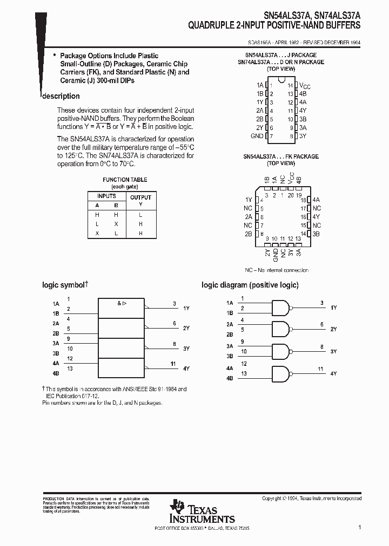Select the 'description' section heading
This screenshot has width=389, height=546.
(x=61, y=96)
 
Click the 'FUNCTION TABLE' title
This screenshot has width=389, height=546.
(x=125, y=180)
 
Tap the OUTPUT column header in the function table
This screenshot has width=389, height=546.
(x=140, y=197)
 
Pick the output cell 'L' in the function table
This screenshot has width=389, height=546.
(x=140, y=215)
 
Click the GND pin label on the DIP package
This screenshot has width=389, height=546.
(x=257, y=136)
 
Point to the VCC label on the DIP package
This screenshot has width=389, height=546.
(x=305, y=85)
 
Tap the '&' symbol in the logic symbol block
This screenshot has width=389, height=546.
(x=119, y=303)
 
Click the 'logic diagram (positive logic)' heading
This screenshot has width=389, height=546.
(x=250, y=285)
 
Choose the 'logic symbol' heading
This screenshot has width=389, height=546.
(x=64, y=285)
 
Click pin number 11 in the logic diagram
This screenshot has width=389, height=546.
(x=320, y=368)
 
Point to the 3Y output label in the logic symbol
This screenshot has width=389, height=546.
(x=186, y=349)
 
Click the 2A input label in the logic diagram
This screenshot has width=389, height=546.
(x=230, y=324)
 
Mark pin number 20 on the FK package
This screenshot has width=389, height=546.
(x=291, y=195)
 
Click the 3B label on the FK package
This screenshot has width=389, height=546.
(x=317, y=234)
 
